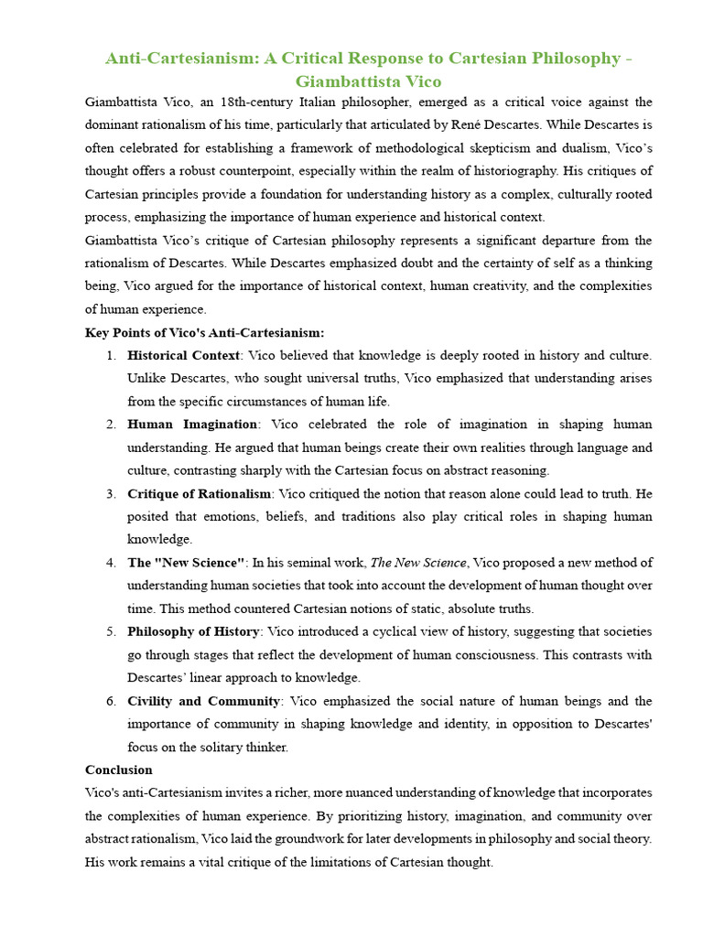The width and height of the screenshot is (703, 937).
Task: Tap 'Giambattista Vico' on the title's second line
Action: tap(368, 81)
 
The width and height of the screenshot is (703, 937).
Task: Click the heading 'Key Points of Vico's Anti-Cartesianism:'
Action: tap(204, 332)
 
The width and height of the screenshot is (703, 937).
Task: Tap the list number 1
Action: tap(110, 355)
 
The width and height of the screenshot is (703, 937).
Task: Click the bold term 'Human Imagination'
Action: tap(192, 425)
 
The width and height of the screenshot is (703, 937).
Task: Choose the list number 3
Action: tap(110, 494)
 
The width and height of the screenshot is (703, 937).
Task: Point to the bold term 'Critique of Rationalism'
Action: tap(200, 494)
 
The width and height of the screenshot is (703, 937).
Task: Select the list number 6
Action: tap(110, 701)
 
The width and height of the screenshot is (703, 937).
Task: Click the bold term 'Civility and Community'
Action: tap(203, 701)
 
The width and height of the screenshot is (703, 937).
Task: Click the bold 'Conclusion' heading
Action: tap(119, 770)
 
